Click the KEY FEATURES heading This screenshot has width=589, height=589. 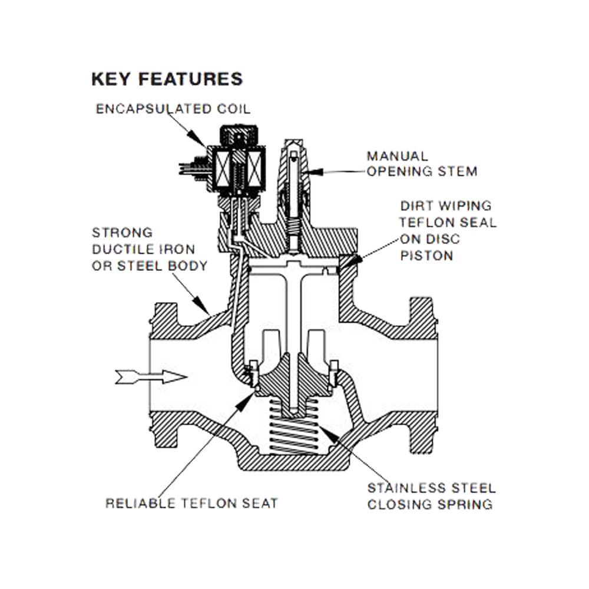click(167, 79)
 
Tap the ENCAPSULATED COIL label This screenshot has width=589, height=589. click(173, 109)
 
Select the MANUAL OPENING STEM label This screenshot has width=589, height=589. click(421, 164)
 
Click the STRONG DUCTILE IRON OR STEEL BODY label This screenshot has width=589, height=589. click(150, 249)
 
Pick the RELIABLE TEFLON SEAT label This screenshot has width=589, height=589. click(191, 504)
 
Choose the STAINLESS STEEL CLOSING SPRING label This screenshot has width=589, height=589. click(431, 497)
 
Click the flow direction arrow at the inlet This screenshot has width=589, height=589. click(151, 376)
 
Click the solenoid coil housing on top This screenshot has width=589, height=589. click(239, 162)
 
